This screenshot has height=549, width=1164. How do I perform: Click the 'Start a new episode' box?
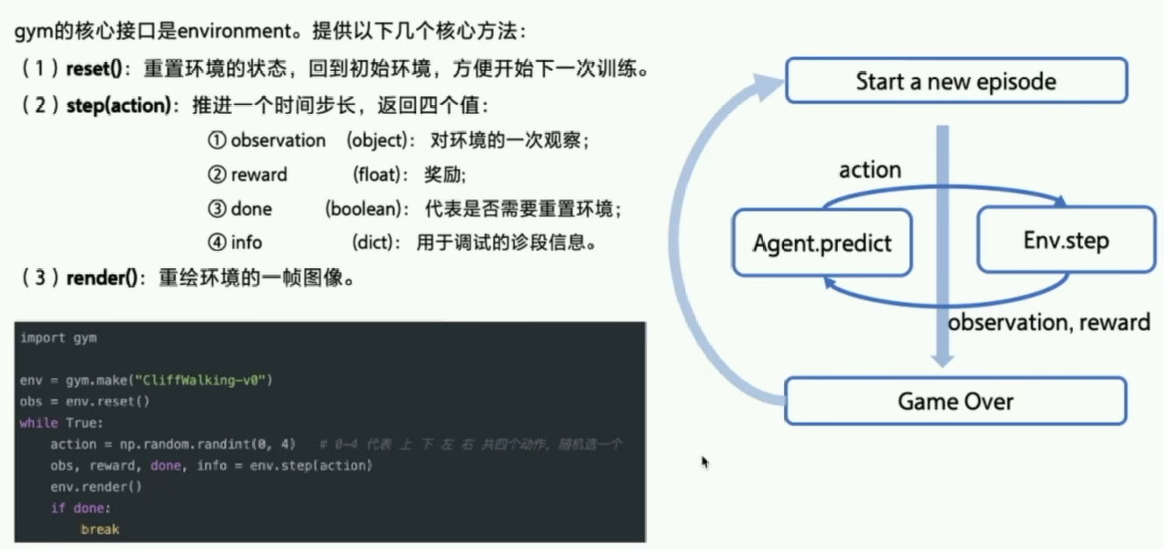[x=956, y=81]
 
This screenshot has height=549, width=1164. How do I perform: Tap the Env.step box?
[x=1065, y=239]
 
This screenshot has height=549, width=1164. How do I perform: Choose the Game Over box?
[x=956, y=402]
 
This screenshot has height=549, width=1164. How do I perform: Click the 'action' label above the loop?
[x=870, y=170]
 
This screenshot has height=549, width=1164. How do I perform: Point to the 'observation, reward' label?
[x=1048, y=322]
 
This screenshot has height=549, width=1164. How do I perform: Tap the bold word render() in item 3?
[x=102, y=278]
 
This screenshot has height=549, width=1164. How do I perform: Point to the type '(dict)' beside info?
[x=379, y=243]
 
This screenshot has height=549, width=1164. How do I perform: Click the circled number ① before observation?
[x=216, y=141]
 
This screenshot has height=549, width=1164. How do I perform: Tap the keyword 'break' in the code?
[x=99, y=529]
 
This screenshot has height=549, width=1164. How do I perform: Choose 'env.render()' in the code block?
[x=95, y=487]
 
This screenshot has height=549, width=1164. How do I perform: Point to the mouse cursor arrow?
[x=705, y=461]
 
